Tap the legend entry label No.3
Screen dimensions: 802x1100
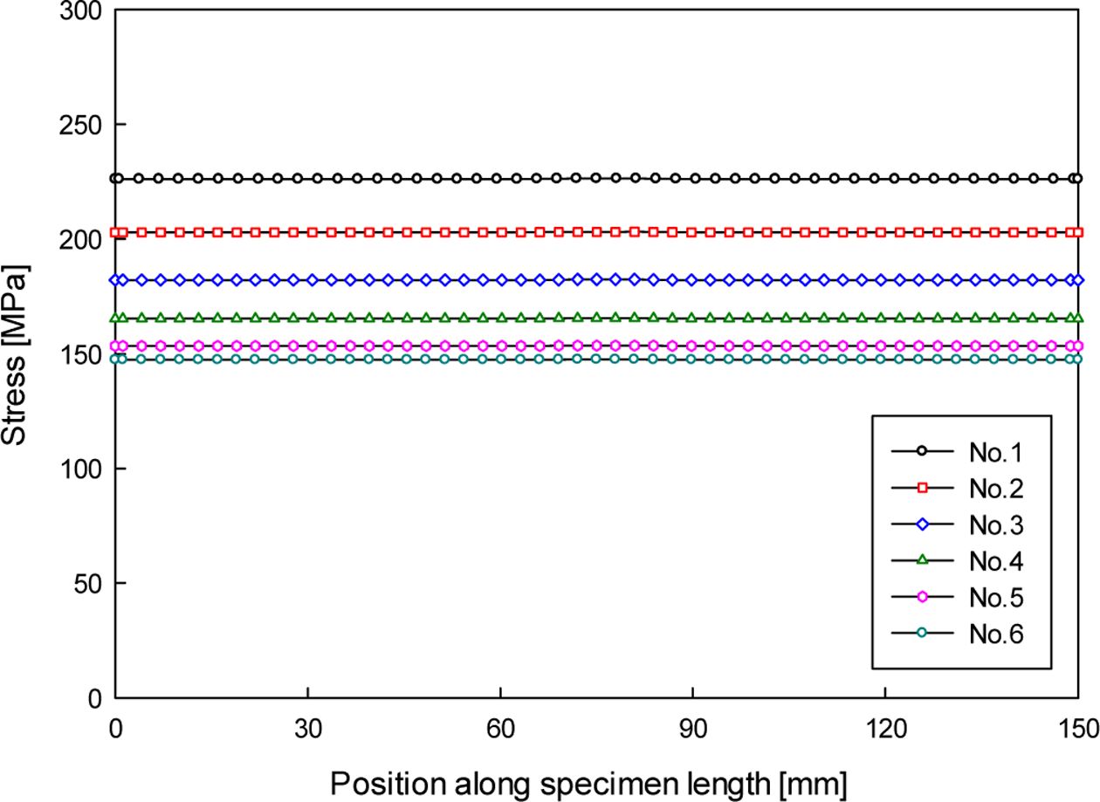pos(995,525)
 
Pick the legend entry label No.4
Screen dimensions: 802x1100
pos(995,561)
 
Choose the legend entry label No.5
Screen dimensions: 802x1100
pos(995,598)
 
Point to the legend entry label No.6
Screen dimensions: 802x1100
pos(995,634)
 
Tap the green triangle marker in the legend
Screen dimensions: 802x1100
pos(920,560)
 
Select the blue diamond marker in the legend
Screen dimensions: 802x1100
pos(920,524)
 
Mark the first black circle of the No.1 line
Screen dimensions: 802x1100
pos(117,178)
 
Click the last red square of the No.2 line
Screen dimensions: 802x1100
pos(1077,232)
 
